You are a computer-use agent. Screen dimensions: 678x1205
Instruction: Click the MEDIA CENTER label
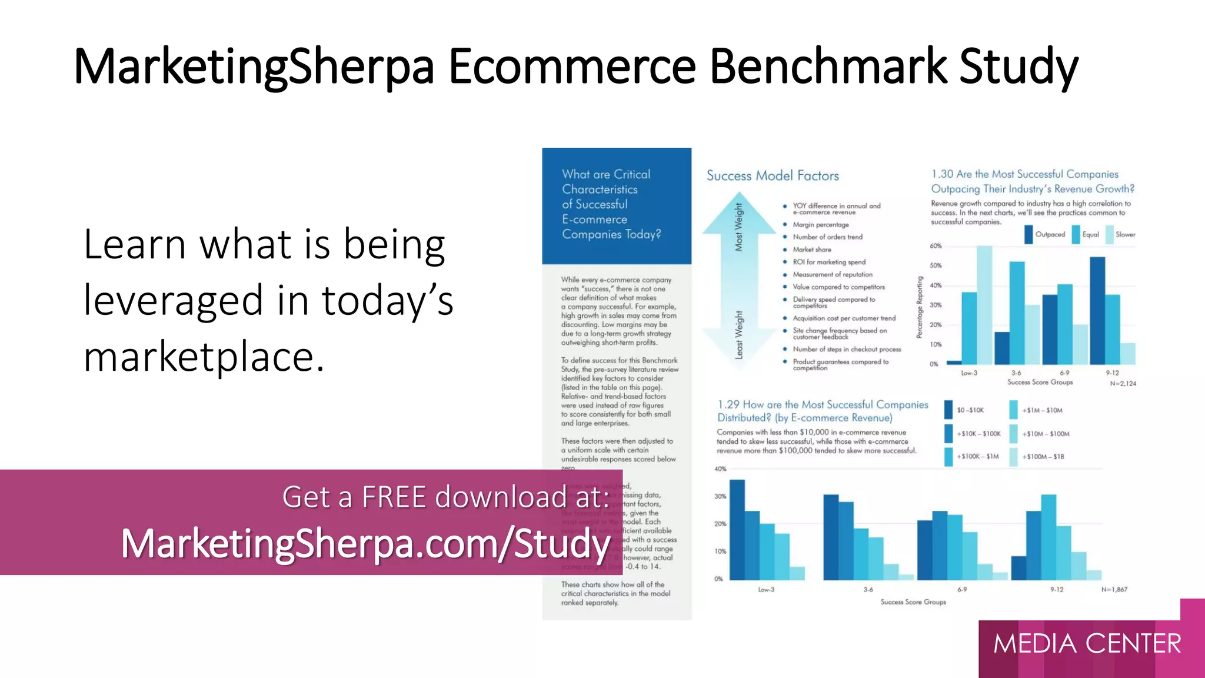click(x=1087, y=643)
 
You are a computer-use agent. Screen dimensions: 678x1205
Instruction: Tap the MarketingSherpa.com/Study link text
click(x=365, y=543)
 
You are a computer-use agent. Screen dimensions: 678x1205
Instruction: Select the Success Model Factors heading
click(x=773, y=175)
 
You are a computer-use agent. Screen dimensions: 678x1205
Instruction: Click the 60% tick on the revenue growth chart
click(x=936, y=246)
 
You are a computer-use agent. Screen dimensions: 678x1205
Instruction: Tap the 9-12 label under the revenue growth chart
click(x=1112, y=373)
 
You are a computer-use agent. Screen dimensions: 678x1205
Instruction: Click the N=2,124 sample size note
click(x=1123, y=384)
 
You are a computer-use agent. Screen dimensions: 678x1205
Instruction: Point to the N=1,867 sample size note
click(x=1114, y=589)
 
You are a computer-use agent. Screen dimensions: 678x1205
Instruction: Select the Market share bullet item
click(x=812, y=250)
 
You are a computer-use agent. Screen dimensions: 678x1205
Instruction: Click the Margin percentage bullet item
click(x=821, y=225)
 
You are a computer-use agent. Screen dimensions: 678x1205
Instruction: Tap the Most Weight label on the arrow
click(x=739, y=227)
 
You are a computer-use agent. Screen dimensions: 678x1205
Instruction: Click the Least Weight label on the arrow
click(x=739, y=334)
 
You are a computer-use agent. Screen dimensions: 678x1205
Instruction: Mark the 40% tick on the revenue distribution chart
click(x=720, y=469)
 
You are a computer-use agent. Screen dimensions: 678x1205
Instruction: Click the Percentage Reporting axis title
click(x=919, y=307)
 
